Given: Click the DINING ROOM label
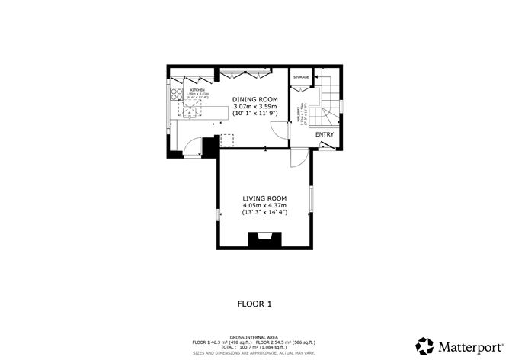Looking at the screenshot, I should click(255, 99).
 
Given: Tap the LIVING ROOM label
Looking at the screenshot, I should click(264, 198).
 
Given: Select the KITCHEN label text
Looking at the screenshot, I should click(199, 90).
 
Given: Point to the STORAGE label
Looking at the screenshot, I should click(302, 77).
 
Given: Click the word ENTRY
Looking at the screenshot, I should click(325, 134).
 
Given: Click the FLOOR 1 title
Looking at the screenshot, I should click(254, 304).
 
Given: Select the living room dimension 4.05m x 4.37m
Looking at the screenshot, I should click(264, 205).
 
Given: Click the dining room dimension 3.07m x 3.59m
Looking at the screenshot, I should click(255, 107).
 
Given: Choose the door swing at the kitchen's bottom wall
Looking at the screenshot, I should click(193, 146).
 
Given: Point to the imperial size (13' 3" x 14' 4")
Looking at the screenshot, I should click(264, 213).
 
